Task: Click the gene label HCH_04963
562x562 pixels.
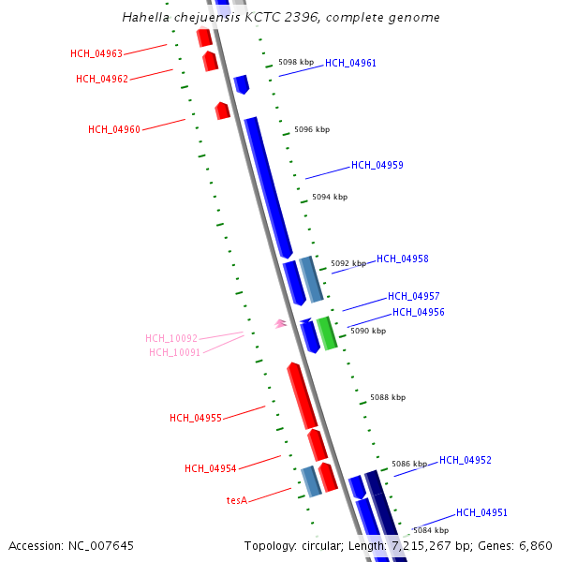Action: pos(96,53)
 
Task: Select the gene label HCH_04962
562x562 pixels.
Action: pos(102,79)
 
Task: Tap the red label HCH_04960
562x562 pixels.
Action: pos(114,129)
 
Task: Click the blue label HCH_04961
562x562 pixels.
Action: pos(351,63)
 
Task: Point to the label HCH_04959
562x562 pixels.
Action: pos(377,165)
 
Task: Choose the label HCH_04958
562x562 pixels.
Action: pos(403,259)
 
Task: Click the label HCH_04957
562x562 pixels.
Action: pos(414,296)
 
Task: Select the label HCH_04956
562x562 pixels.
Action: pos(419,312)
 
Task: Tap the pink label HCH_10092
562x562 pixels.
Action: pos(171,338)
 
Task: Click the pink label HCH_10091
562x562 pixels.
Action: pos(175,352)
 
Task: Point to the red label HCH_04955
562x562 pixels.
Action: pos(196,418)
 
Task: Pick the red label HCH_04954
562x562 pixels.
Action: pos(211,468)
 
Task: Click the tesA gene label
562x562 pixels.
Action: pos(237,500)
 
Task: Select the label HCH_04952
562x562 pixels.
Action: pos(466,460)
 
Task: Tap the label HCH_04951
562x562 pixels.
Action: pos(482,512)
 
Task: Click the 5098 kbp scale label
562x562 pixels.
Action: pos(297,62)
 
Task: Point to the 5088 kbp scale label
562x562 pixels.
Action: pos(388,397)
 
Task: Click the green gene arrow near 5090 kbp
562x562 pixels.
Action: pos(327,333)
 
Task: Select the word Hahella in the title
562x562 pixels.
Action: pos(146,18)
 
